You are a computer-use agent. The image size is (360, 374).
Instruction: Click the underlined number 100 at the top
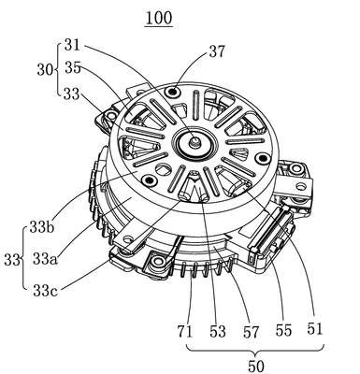(x=158, y=19)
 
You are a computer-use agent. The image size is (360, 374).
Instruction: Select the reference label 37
(x=217, y=51)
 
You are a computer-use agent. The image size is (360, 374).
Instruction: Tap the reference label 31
(x=72, y=45)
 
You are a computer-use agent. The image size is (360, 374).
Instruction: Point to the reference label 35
(x=73, y=67)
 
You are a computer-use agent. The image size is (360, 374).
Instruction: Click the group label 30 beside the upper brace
(x=45, y=70)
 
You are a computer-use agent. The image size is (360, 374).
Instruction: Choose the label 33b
(x=42, y=227)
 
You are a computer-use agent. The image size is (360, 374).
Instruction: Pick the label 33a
(x=45, y=258)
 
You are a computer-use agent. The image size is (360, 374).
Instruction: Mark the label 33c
(x=45, y=291)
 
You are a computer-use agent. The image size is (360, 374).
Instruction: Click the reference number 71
(x=185, y=331)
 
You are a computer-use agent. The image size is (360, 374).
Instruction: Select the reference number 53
(x=217, y=331)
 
